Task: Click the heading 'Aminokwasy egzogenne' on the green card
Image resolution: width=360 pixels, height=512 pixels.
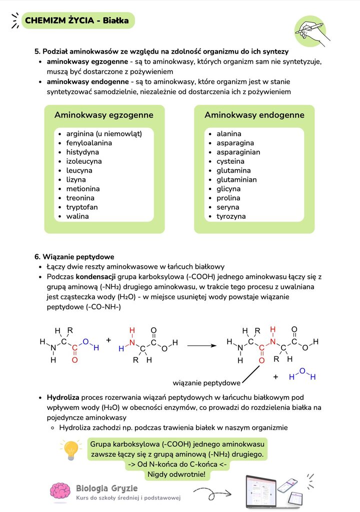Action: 104,115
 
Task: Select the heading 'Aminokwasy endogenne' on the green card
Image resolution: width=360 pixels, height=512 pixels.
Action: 254,115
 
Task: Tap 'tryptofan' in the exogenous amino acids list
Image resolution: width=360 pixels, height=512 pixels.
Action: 82,207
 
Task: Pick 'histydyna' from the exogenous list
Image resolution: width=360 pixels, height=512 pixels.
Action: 82,152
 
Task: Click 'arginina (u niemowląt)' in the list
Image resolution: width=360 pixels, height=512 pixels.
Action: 104,134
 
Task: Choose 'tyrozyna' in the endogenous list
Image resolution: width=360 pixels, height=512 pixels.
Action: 231,217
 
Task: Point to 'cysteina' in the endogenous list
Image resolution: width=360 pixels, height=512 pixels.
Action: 230,161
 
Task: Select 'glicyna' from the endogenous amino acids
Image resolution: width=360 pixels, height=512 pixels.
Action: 228,189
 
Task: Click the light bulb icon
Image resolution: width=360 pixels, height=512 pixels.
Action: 70,449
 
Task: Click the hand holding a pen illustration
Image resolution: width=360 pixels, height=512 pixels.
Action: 311,31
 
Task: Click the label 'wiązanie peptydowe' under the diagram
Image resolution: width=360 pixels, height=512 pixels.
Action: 206,383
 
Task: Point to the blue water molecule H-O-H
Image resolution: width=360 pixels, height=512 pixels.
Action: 301,375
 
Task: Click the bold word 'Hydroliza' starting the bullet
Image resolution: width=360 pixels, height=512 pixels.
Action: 63,397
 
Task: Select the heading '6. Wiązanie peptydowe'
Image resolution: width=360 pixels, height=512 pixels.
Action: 74,257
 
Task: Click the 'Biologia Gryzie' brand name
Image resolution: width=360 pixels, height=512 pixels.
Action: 107,488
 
